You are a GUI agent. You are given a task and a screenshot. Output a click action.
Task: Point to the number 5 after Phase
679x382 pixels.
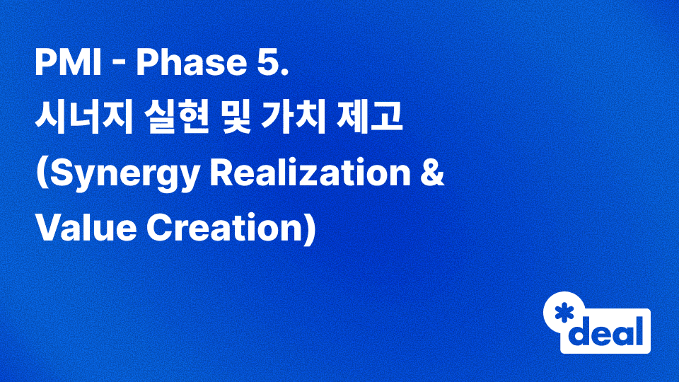pyautogui.click(x=269, y=66)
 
